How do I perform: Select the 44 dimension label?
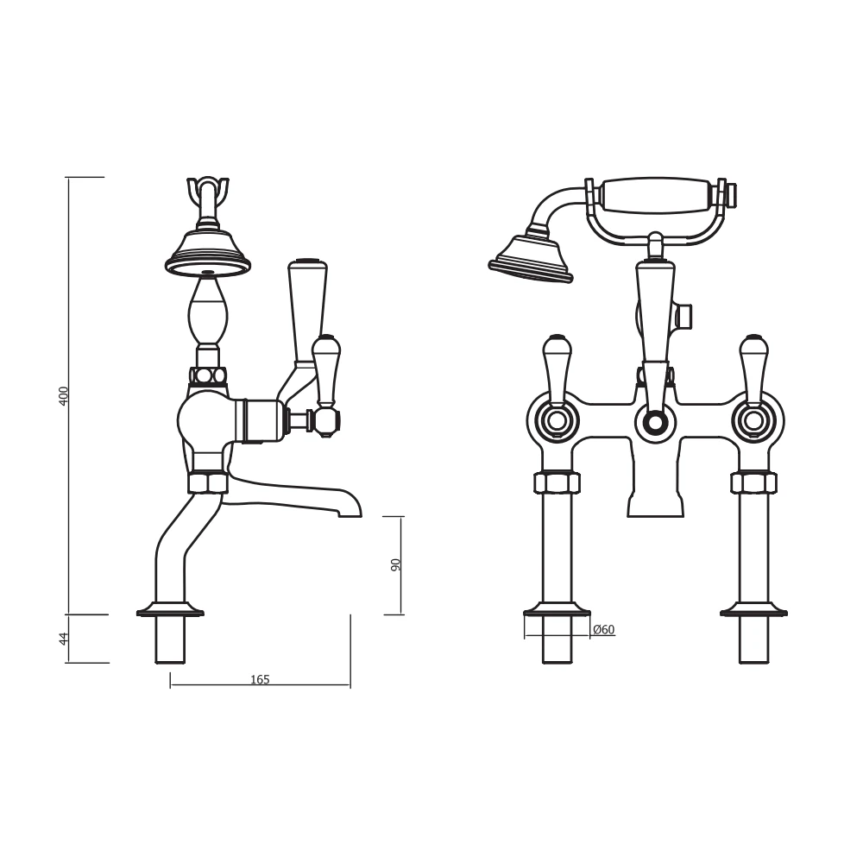(x=63, y=639)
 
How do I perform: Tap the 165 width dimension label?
(x=260, y=679)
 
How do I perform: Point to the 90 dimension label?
(x=396, y=565)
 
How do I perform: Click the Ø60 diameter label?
(x=604, y=630)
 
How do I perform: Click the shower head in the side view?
(x=208, y=252)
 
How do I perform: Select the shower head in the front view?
(x=528, y=260)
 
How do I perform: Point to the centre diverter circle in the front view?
(x=655, y=422)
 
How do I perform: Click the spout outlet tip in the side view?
(x=350, y=509)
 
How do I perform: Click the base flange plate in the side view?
(x=170, y=612)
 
